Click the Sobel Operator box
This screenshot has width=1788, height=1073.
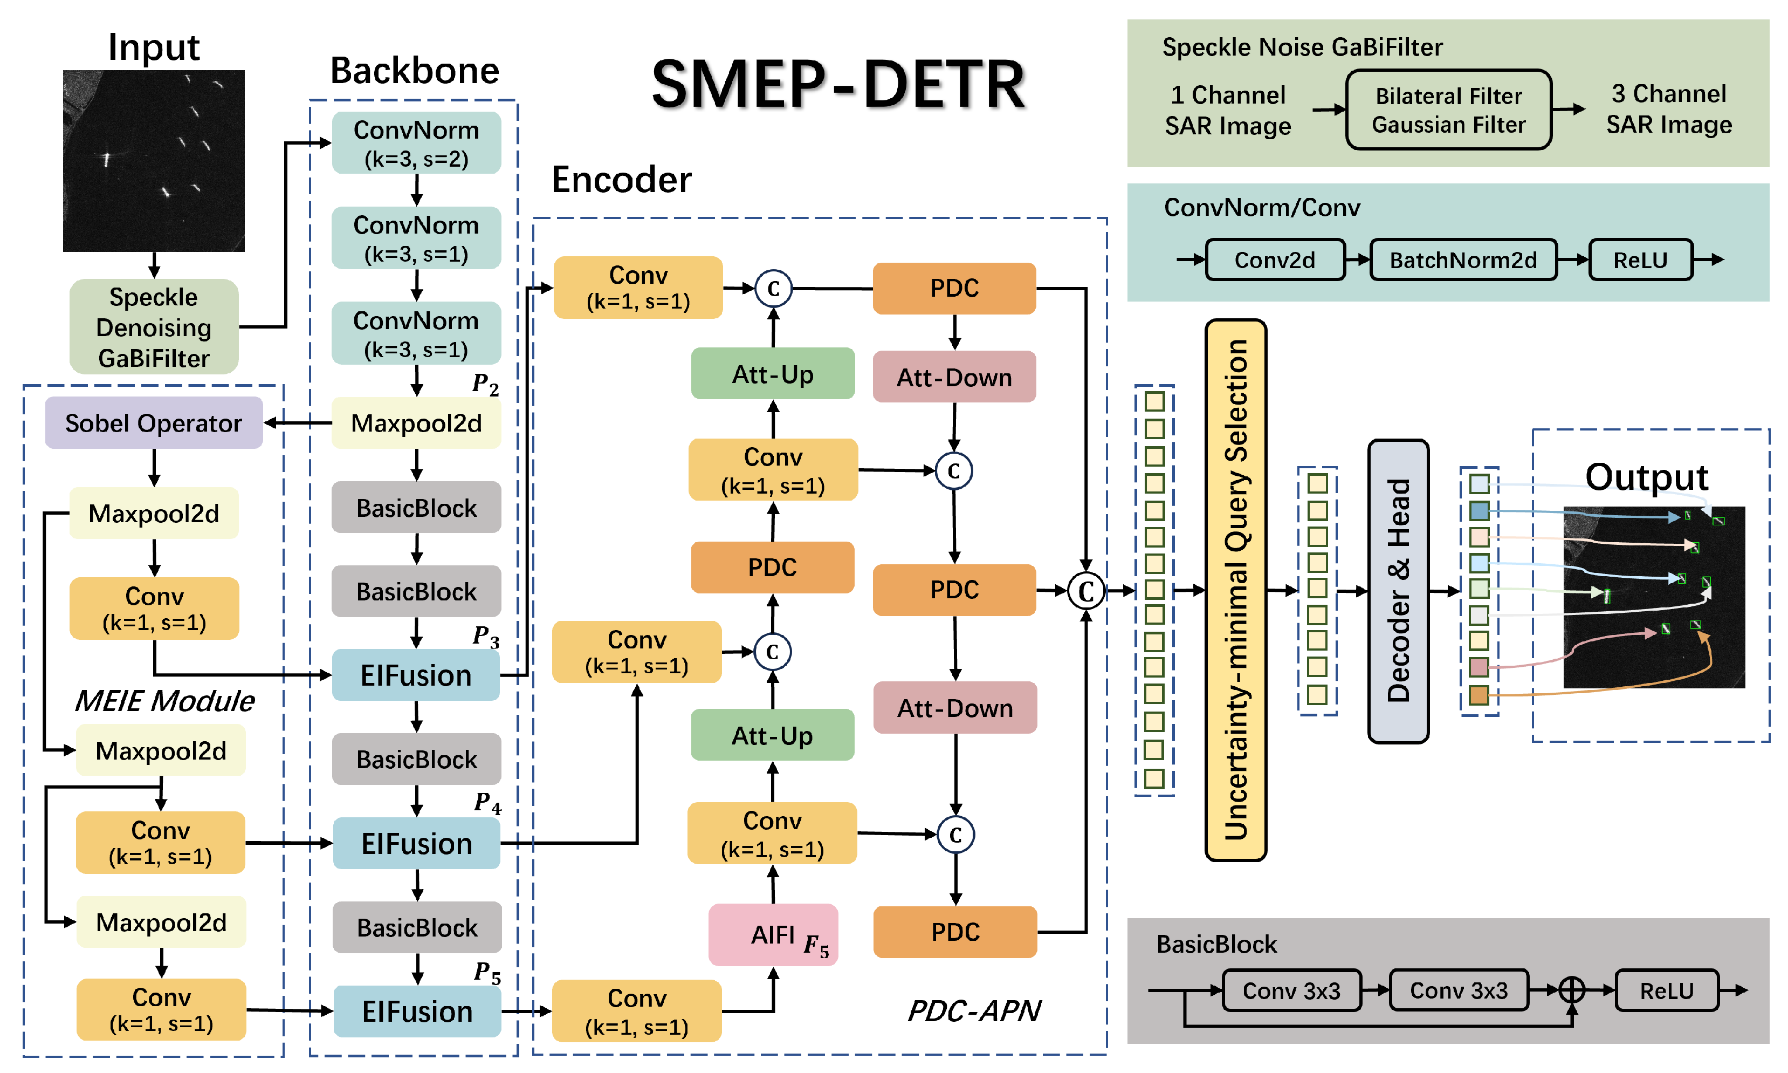[153, 423]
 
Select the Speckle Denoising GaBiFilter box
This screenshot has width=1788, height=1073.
[153, 327]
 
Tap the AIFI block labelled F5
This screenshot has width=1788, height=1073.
[773, 935]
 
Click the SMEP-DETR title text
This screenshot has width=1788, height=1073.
[838, 85]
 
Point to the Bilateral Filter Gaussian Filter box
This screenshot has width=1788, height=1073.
[1448, 110]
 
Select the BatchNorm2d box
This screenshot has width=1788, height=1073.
[1463, 259]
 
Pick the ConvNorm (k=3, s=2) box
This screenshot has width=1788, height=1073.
[416, 143]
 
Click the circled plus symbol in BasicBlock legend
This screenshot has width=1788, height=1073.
[1571, 989]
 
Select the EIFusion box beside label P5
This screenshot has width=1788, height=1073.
[417, 1011]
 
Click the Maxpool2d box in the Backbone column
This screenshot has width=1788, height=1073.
[416, 423]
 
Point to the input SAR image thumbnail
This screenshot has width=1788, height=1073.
[153, 161]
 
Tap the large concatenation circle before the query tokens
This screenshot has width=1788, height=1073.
[1085, 591]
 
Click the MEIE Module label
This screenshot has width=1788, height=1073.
[165, 701]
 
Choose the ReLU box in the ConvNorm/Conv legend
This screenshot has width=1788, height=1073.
[1640, 259]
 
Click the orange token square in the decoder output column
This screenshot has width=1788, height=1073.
[1478, 695]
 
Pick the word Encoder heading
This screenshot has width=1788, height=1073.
[621, 179]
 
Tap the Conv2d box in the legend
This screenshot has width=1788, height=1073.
[1275, 259]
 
